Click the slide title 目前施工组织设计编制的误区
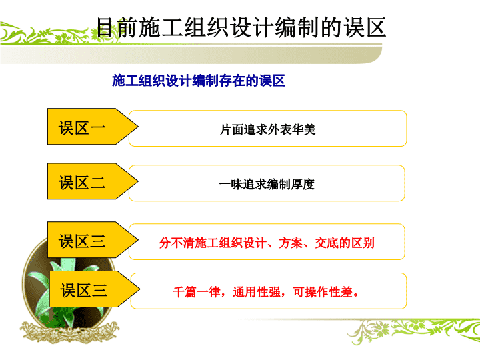click(241, 27)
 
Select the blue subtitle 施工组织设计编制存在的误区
click(199, 81)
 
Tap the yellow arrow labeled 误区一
click(93, 126)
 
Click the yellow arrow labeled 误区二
click(93, 181)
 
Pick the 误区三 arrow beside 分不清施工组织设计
click(93, 240)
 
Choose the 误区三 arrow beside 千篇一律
click(95, 289)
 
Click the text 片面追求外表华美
click(267, 129)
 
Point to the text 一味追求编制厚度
click(267, 184)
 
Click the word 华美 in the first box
click(303, 129)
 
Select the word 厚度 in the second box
click(303, 184)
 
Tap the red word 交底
click(327, 243)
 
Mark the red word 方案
click(291, 243)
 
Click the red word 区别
click(363, 243)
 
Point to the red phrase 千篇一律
click(197, 292)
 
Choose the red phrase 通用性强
click(257, 292)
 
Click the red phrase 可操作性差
click(323, 292)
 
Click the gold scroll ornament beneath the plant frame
click(70, 332)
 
